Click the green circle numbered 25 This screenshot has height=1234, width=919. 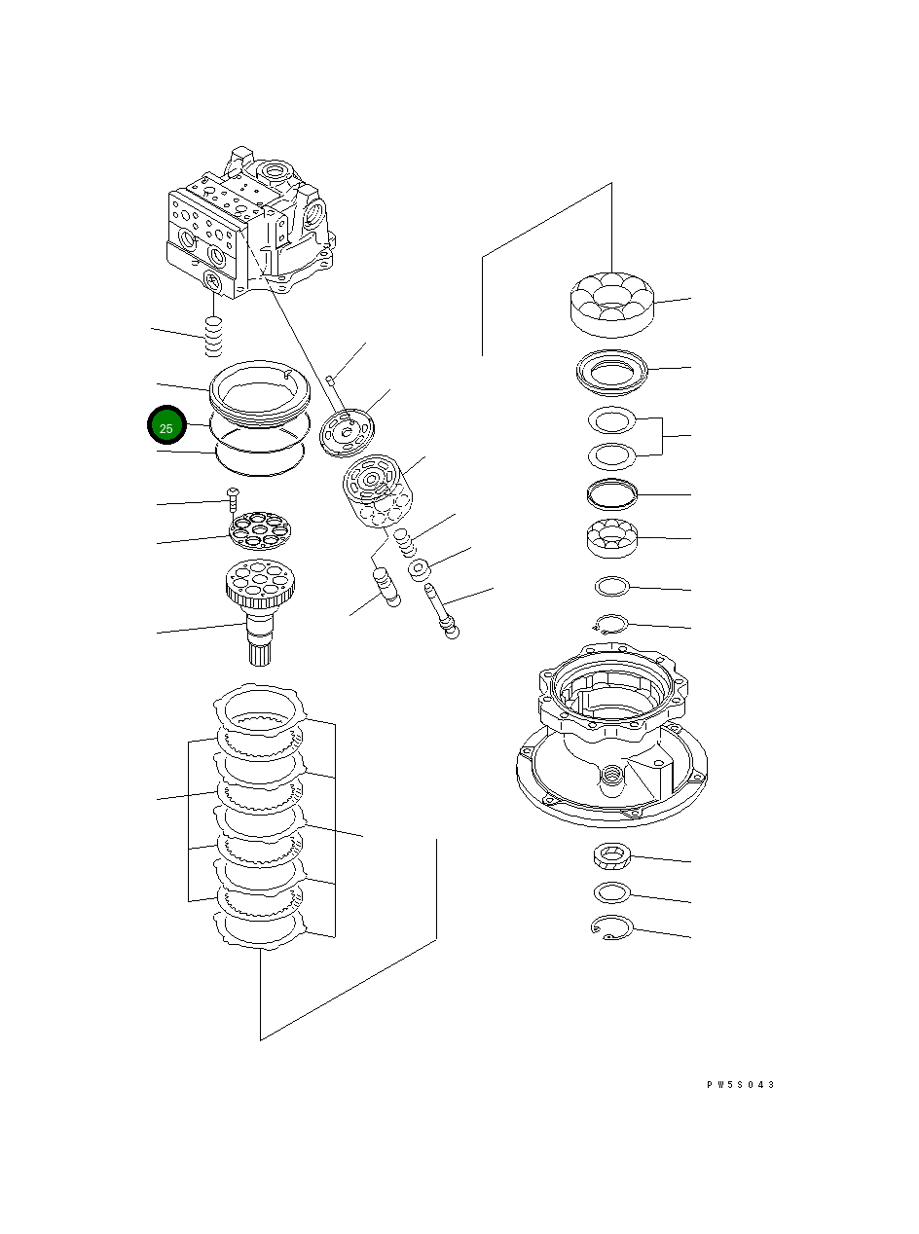click(166, 427)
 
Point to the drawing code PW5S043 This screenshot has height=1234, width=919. click(740, 1085)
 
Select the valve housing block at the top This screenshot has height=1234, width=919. click(248, 224)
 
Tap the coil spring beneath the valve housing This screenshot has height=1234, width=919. click(214, 337)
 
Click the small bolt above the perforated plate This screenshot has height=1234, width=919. click(233, 497)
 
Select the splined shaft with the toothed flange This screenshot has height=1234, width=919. click(258, 608)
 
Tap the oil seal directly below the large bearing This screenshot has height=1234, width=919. click(611, 371)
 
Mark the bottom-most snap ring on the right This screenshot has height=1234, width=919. click(611, 928)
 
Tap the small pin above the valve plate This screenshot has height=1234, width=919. click(331, 380)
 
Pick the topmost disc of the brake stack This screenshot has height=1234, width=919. click(259, 709)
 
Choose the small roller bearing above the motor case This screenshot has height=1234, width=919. click(611, 538)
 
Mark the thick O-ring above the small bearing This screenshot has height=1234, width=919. click(611, 493)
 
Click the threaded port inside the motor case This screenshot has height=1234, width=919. click(612, 774)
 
